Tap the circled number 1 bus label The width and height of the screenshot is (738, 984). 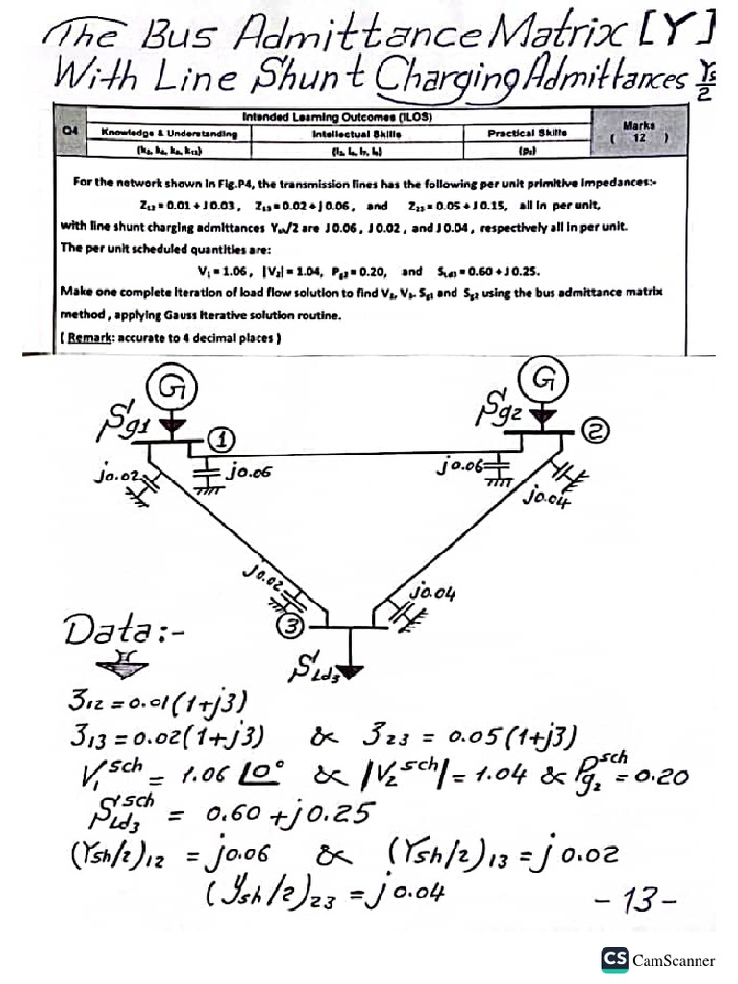click(220, 441)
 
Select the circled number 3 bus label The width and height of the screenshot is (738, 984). click(292, 627)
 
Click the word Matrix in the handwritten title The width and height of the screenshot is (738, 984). click(581, 37)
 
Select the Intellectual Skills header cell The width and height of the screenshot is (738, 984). click(357, 134)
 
